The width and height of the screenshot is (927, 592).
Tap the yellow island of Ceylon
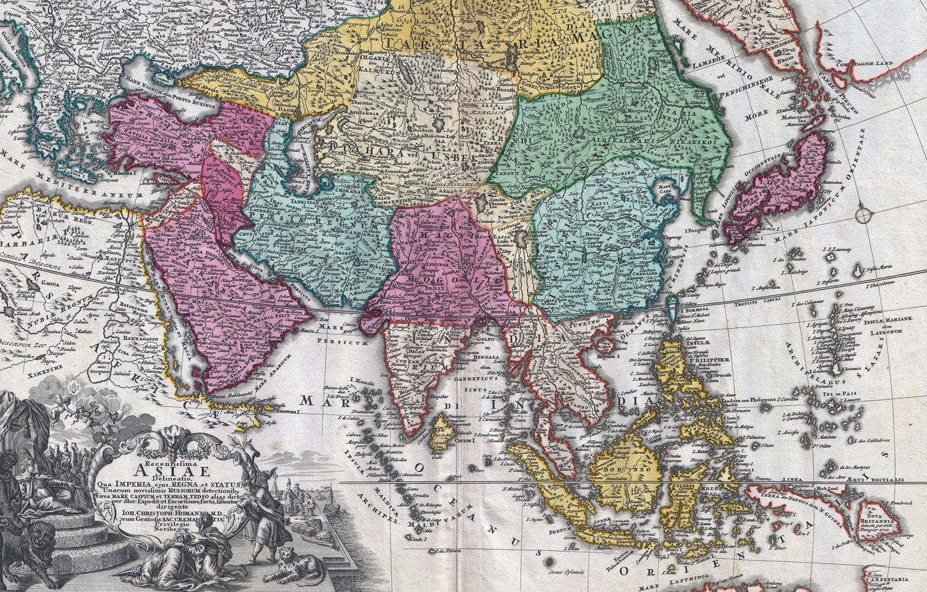[x=441, y=433]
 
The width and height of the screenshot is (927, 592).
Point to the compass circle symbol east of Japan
[x=863, y=214]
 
